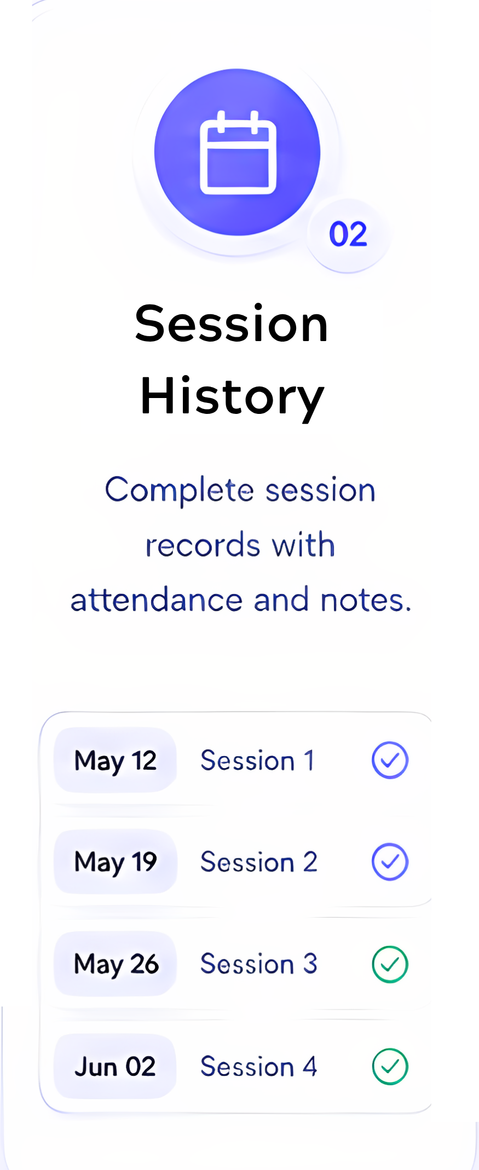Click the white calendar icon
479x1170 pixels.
pos(238,152)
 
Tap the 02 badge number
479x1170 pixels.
pos(348,234)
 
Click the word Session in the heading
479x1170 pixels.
pos(232,324)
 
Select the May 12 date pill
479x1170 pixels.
pos(115,760)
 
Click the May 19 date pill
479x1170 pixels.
pos(115,862)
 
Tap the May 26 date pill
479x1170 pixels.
pos(115,964)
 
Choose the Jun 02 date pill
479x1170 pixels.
pos(115,1066)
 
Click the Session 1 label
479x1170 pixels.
pos(257,760)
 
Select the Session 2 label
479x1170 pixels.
pos(259,862)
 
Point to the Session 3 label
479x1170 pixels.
pos(259,964)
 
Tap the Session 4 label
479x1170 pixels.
pos(259,1067)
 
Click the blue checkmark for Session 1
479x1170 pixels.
pos(390,760)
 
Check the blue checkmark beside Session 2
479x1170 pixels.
pos(390,862)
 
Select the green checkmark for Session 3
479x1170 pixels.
pos(390,964)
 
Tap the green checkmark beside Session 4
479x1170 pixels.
pos(390,1067)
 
